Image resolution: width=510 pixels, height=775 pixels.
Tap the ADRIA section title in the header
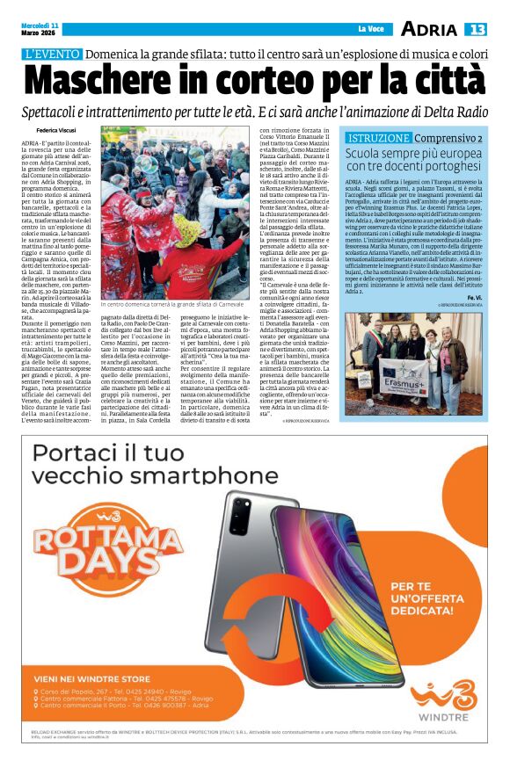coord(428,29)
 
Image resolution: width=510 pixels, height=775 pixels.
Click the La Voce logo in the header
coord(371,29)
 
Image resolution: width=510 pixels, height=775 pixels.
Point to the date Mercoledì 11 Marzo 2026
coord(41,29)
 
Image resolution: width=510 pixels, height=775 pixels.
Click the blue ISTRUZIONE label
coord(379,139)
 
